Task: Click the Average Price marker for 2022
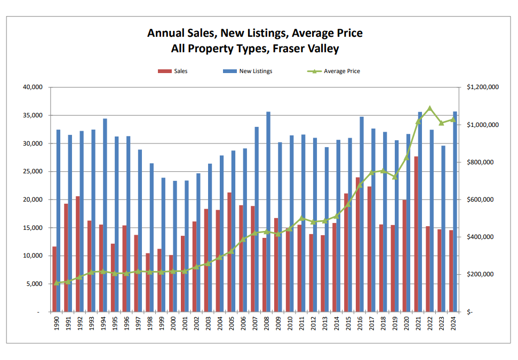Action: pyautogui.click(x=430, y=108)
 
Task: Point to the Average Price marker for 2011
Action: pyautogui.click(x=302, y=218)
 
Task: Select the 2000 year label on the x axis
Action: pyautogui.click(x=173, y=324)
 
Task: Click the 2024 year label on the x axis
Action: pyautogui.click(x=453, y=324)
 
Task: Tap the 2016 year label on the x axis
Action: pyautogui.click(x=360, y=324)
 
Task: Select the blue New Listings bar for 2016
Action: pyautogui.click(x=362, y=214)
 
